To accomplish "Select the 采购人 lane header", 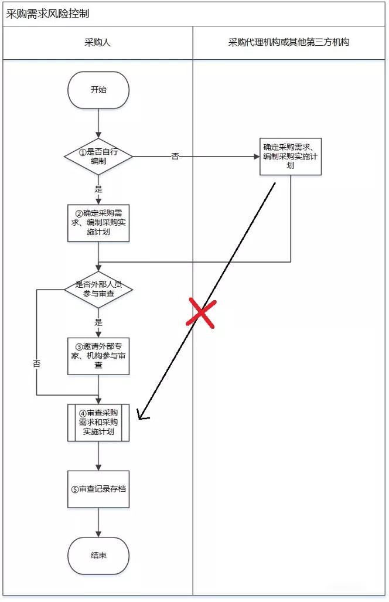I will pos(98,43).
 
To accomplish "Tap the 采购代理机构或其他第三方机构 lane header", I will pos(289,43).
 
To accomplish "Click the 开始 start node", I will pos(98,90).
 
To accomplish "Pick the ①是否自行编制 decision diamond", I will pos(98,157).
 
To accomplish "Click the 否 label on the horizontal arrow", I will pos(175,157).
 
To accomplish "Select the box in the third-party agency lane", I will pos(291,156).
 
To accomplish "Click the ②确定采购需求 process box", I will pos(98,223).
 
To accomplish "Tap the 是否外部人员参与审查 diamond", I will pos(98,289).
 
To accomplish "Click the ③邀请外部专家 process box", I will pos(98,355).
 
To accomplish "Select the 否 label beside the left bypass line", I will pos(36,363).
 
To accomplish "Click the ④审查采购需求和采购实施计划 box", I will pos(98,423).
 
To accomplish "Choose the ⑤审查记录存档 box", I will pos(98,489).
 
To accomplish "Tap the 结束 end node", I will pos(98,556).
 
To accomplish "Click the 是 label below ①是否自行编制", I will pos(98,189).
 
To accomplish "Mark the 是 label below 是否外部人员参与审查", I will pos(98,322).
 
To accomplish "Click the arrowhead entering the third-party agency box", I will pos(257,157).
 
